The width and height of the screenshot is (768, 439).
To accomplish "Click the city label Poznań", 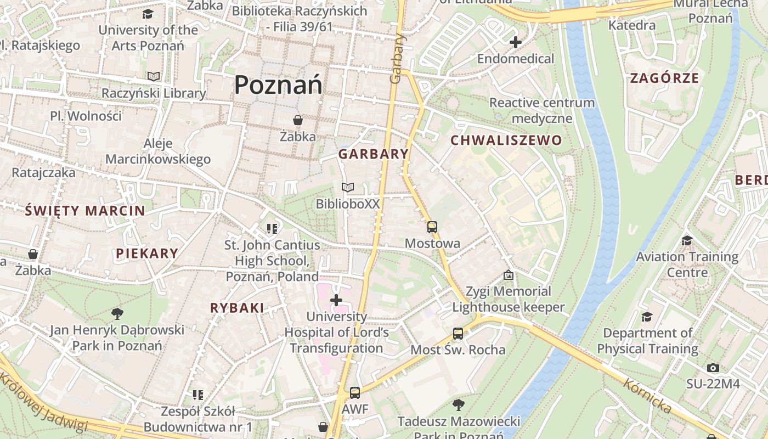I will pyautogui.click(x=278, y=85).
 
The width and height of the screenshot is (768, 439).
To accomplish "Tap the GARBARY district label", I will pyautogui.click(x=373, y=154).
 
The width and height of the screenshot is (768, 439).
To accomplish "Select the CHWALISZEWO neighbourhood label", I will pyautogui.click(x=506, y=140).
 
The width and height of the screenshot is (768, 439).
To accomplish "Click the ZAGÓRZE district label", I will pyautogui.click(x=664, y=78).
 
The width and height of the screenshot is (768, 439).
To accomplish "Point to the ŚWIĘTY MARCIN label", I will pyautogui.click(x=86, y=211).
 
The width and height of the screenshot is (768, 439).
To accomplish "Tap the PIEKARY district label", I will pyautogui.click(x=147, y=254).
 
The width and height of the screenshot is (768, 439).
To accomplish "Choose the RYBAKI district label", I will pyautogui.click(x=237, y=308).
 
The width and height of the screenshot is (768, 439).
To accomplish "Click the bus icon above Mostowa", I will pyautogui.click(x=432, y=227).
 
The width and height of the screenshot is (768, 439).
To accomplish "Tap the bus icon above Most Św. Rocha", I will pyautogui.click(x=458, y=333).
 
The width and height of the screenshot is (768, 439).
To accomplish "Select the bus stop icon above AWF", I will pyautogui.click(x=355, y=393).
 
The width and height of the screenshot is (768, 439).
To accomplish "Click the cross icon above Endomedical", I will pyautogui.click(x=515, y=42).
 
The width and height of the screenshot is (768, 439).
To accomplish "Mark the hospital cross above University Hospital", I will pyautogui.click(x=336, y=300).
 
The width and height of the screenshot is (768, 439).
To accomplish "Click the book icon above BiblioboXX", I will pyautogui.click(x=347, y=188).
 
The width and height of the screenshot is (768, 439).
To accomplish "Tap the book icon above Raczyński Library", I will pyautogui.click(x=154, y=77).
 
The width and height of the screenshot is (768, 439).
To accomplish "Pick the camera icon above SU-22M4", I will pyautogui.click(x=713, y=368).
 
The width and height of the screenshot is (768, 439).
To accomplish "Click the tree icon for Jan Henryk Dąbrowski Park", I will pyautogui.click(x=117, y=313).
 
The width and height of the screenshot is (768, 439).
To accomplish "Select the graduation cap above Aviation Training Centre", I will pyautogui.click(x=686, y=240).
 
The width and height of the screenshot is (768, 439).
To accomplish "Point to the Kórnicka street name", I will pyautogui.click(x=648, y=396).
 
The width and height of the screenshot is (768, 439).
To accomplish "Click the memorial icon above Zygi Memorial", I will pyautogui.click(x=508, y=274).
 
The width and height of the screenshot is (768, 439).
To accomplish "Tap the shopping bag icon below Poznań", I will pyautogui.click(x=297, y=120).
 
